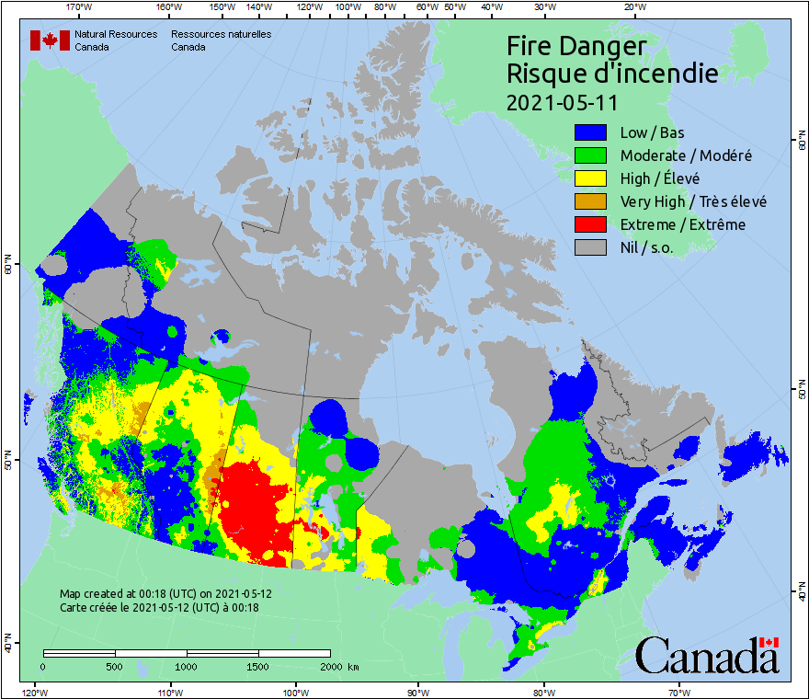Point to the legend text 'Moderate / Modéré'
(685, 155)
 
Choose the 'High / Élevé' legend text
(659, 178)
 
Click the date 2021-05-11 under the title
(562, 101)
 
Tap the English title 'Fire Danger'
(576, 46)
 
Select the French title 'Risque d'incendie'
(611, 74)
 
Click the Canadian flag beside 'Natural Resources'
(50, 40)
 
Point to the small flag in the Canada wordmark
(769, 642)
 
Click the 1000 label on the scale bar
(187, 666)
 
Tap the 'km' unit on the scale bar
(354, 666)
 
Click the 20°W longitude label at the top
(632, 6)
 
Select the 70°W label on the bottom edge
(679, 692)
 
